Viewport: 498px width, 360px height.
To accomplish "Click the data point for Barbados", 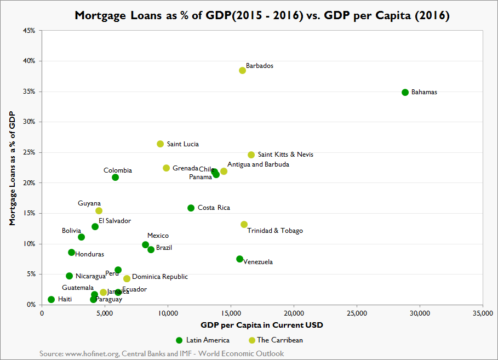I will [242, 71].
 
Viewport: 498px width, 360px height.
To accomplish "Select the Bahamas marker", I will [405, 93].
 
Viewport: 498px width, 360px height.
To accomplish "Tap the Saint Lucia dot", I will [160, 144].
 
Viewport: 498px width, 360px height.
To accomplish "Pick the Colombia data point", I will [115, 178].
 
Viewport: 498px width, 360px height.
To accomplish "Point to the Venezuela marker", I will [239, 259].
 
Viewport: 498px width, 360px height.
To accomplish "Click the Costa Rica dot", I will [191, 208].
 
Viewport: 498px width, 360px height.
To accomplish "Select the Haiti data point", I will [51, 300].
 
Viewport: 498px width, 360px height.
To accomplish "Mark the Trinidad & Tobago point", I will [244, 225].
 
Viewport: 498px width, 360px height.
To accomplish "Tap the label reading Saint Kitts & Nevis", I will [285, 155].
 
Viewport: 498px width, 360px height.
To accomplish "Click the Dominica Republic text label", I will [160, 277].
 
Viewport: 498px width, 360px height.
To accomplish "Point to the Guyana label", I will [89, 203].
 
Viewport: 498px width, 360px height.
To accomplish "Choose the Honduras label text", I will [89, 254].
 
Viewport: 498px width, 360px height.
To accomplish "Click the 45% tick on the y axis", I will [30, 31].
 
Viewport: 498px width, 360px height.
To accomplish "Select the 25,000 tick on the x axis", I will [357, 313].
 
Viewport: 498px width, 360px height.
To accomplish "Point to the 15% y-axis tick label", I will [30, 213].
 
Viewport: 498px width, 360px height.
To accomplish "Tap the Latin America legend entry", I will [202, 340].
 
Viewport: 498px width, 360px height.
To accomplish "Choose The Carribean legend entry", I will [276, 340].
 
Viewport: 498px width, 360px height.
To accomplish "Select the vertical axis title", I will [12, 168].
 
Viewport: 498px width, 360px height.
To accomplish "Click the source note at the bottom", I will [162, 353].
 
